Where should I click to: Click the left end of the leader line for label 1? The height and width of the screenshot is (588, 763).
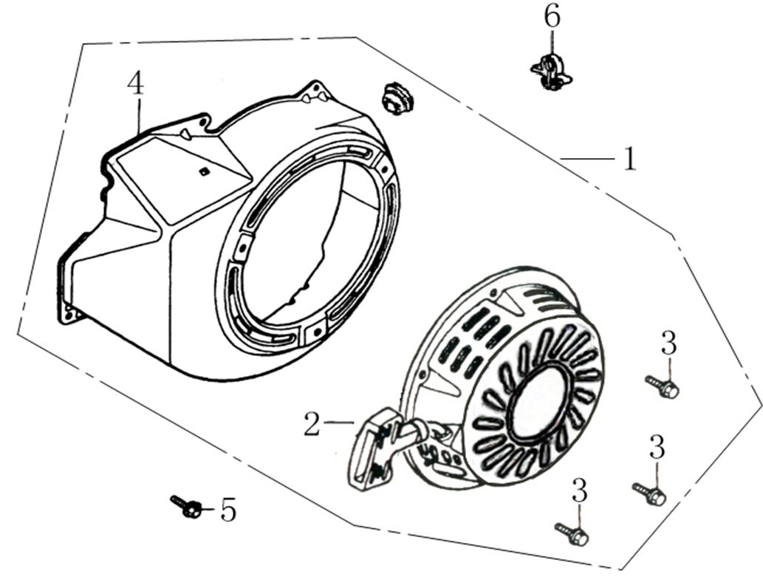pos(561,158)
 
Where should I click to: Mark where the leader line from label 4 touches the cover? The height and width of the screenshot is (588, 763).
pos(140,134)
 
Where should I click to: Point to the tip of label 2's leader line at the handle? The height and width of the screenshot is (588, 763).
pos(354,423)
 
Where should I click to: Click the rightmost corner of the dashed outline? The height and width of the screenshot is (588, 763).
pos(762,404)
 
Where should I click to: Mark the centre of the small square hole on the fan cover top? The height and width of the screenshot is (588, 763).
pos(204,171)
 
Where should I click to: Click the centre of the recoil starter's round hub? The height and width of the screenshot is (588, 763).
pos(539,402)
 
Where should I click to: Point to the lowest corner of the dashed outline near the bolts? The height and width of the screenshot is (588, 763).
pos(620,569)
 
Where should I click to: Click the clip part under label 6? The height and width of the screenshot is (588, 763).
pos(551,72)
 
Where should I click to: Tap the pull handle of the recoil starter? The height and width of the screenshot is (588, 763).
pos(374,449)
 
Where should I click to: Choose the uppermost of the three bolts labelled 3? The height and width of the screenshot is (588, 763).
pos(663,386)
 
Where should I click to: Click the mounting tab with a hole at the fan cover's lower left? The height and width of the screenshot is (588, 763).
pos(71,314)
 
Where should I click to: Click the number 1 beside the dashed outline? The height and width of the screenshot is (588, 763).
pos(630,159)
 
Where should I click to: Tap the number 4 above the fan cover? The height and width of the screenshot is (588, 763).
pos(136,83)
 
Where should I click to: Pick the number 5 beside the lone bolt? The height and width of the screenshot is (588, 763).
pos(227,510)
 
